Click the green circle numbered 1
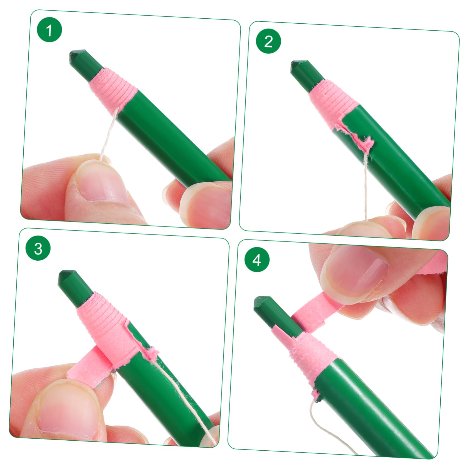coord(50,30)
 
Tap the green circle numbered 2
coord(268,41)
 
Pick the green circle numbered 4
coord(257,260)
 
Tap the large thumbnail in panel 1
coord(102,182)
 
